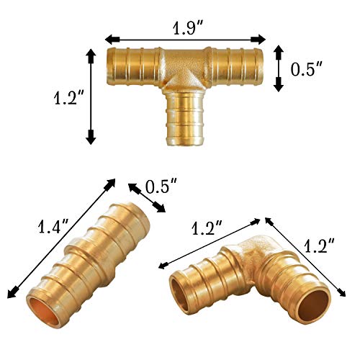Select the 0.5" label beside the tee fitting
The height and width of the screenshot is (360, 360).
click(x=307, y=69)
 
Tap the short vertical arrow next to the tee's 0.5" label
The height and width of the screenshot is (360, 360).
click(x=279, y=69)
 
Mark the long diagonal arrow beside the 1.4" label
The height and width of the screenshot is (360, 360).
click(x=60, y=238)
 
